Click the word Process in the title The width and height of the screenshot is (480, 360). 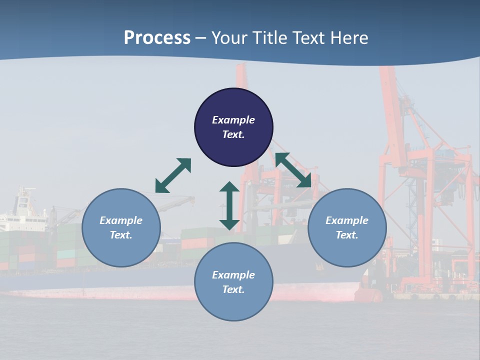(x=157, y=38)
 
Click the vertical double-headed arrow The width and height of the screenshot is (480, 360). (x=229, y=205)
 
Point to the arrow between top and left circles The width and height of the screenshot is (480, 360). (x=173, y=175)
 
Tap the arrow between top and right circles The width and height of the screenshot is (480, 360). (x=293, y=170)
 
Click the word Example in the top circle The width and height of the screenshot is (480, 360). (x=233, y=120)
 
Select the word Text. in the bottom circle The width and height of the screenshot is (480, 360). (x=233, y=289)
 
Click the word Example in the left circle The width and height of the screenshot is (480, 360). (x=121, y=220)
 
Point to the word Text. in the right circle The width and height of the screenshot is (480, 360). (x=347, y=235)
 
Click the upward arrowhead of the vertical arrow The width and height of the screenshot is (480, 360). (x=229, y=187)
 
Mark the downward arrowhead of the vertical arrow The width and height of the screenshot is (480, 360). (x=229, y=224)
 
